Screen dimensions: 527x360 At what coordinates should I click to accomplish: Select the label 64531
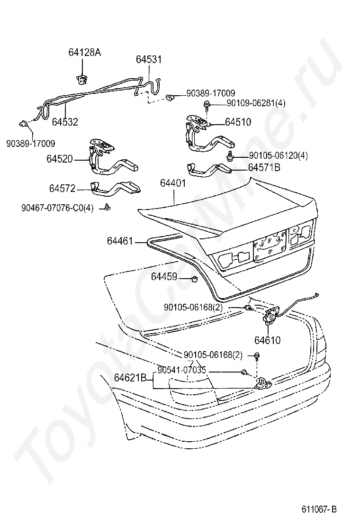149,60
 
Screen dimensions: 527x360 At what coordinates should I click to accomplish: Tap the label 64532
65,122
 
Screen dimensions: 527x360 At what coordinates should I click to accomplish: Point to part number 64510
238,122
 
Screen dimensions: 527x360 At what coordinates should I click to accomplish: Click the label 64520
60,158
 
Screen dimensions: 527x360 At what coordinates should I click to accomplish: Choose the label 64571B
264,167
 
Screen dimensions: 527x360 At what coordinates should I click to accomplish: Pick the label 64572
62,189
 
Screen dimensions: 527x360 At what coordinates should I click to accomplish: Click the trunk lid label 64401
172,183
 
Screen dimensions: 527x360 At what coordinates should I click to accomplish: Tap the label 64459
164,276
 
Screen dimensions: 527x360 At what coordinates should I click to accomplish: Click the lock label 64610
268,340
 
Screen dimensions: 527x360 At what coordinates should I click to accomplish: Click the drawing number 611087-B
319,509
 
